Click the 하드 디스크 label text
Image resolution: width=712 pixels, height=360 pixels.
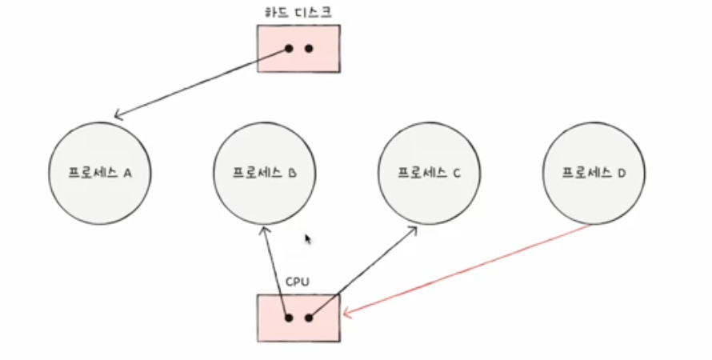click(298, 12)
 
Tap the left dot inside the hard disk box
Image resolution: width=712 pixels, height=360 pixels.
click(289, 48)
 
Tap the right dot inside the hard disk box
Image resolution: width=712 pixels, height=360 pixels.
click(309, 48)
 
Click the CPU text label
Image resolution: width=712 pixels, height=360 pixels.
click(298, 282)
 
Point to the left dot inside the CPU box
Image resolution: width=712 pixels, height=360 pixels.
click(288, 318)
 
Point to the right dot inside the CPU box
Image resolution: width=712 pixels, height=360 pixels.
click(309, 318)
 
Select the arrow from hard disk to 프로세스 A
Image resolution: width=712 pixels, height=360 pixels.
click(200, 83)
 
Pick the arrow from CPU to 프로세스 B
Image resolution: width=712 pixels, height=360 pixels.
click(274, 272)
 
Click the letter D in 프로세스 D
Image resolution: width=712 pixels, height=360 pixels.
click(622, 172)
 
